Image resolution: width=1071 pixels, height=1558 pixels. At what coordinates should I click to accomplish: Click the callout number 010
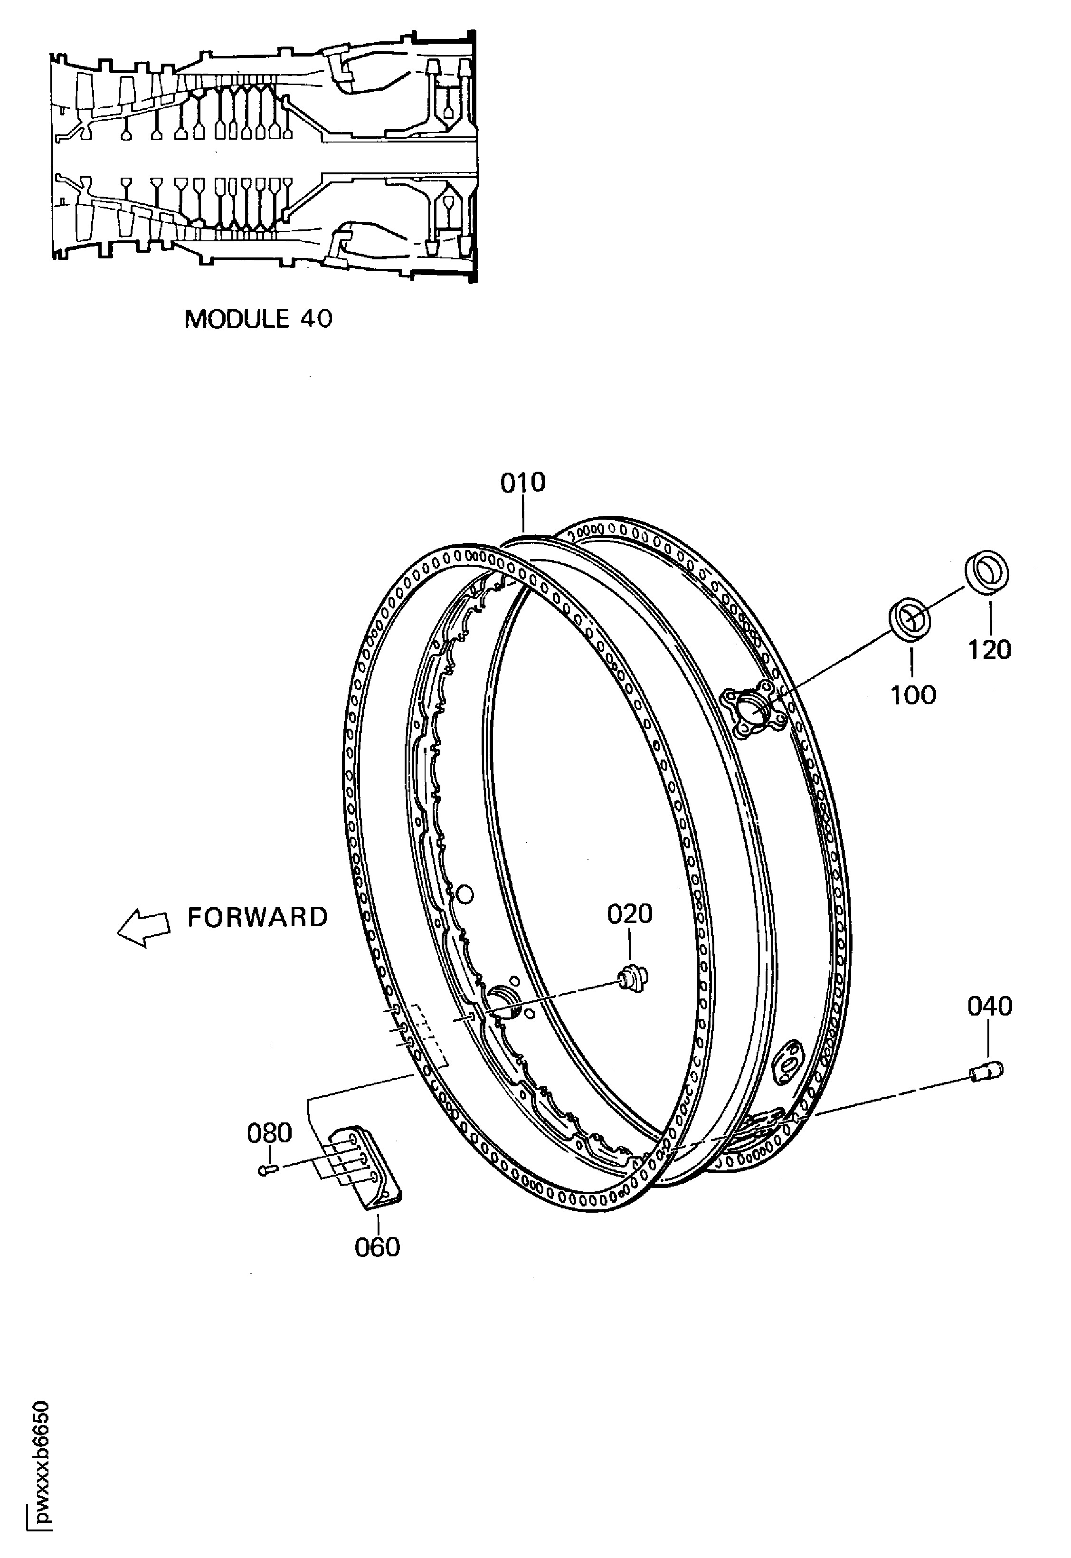[523, 483]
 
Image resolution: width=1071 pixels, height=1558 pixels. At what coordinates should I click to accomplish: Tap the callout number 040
[989, 1007]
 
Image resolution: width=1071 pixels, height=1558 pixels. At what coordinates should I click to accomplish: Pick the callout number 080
[269, 1133]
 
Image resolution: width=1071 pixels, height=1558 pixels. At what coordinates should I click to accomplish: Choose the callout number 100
[913, 694]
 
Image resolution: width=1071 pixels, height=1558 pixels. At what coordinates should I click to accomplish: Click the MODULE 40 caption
[258, 319]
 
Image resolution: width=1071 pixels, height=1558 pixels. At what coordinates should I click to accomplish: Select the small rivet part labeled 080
[267, 1170]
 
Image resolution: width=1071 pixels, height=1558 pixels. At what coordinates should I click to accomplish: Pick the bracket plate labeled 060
[366, 1168]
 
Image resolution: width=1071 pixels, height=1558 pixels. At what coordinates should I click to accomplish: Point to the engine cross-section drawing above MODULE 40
[264, 158]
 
